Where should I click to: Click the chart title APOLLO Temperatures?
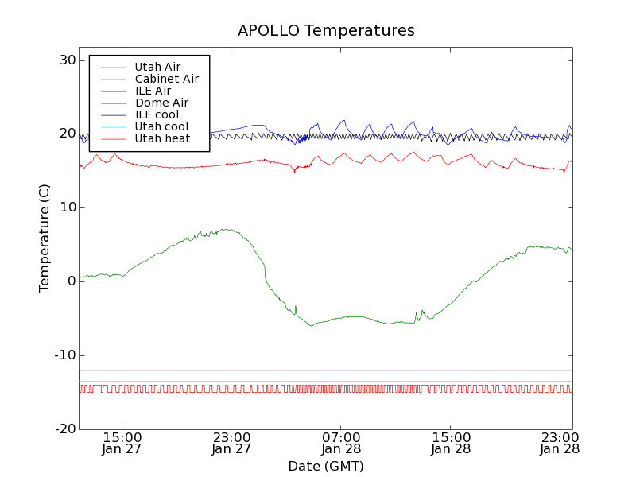[x=326, y=31]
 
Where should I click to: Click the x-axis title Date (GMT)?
[x=326, y=466]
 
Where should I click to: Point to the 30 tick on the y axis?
[x=67, y=60]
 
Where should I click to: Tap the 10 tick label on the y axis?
[x=67, y=207]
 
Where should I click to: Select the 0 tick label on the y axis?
[x=71, y=281]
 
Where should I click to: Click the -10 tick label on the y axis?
[x=64, y=355]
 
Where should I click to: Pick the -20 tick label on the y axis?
[x=64, y=429]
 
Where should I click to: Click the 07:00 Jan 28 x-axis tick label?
[x=341, y=443]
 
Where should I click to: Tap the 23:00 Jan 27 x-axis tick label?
[x=231, y=443]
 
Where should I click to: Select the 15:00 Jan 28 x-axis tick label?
[x=451, y=443]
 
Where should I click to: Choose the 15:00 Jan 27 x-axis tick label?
[x=122, y=443]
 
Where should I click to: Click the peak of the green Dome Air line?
[x=228, y=230]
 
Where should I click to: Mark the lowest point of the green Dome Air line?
[x=312, y=326]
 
